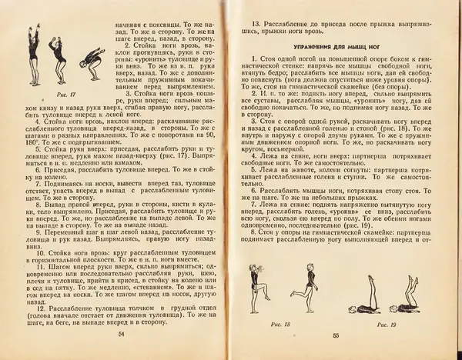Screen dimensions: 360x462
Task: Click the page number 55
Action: [336, 336]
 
